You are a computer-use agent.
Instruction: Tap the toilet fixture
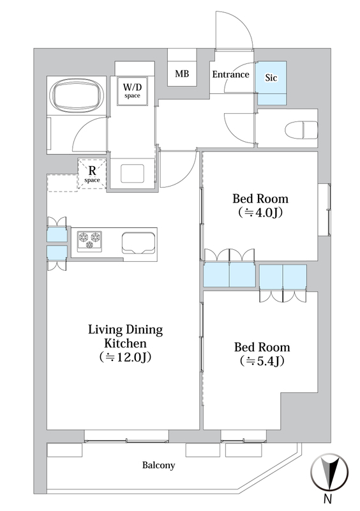point(301,130)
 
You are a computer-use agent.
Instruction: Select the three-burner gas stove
point(89,241)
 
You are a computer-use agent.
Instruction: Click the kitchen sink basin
point(138,243)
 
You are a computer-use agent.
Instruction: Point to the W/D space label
point(132,91)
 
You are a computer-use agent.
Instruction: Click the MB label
point(182,73)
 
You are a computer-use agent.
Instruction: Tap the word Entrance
point(230,75)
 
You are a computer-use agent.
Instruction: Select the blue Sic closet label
point(271,77)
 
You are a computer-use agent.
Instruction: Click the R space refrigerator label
point(92,174)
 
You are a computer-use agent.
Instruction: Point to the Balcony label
point(159,465)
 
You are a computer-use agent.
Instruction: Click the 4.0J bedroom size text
point(260,213)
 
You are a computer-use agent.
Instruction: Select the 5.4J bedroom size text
point(262,361)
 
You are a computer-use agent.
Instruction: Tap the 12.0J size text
point(126,357)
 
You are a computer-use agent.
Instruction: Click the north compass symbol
point(329,471)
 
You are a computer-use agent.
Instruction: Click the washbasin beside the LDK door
point(132,173)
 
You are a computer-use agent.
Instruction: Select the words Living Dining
point(126,330)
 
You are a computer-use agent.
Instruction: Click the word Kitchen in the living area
point(126,343)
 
